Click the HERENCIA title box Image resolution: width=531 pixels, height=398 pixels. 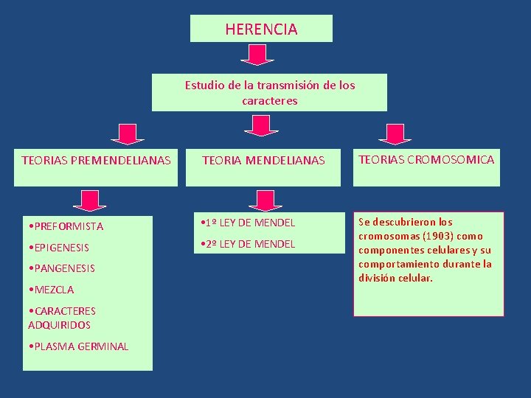tap(261, 29)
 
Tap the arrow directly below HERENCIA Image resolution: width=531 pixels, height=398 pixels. tap(257, 55)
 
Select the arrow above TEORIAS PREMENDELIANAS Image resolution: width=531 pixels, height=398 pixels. tap(128, 133)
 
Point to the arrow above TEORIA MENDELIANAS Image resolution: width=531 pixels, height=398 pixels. tap(257, 125)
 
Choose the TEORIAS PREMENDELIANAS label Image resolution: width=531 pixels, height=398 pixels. tap(96, 160)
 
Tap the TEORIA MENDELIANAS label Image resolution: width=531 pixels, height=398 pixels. tap(263, 160)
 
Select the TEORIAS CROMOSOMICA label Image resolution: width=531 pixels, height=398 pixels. tap(426, 159)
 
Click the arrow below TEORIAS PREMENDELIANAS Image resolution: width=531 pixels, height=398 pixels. tap(89, 200)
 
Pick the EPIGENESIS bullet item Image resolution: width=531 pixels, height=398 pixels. tap(58, 248)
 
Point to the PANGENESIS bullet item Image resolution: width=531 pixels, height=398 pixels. tap(60, 268)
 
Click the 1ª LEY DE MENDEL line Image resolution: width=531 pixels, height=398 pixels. tap(248, 223)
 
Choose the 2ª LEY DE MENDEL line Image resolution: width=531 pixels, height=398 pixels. tap(248, 244)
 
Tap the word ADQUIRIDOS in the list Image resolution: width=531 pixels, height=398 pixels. tap(59, 325)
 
